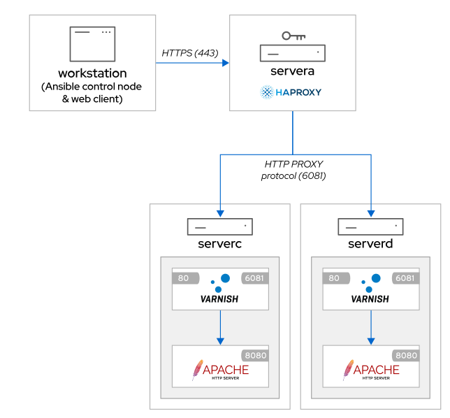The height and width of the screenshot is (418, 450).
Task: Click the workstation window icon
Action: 92,43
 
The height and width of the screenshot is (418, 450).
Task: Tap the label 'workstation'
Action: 92,73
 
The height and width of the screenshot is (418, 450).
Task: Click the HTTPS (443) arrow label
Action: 190,52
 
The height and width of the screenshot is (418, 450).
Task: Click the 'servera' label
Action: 292,71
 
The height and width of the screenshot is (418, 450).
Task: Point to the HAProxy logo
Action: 291,92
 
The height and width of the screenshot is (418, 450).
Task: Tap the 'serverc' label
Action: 219,244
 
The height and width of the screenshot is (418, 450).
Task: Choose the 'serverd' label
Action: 370,244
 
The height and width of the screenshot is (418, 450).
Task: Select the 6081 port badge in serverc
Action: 255,278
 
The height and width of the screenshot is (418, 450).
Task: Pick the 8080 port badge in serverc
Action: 255,355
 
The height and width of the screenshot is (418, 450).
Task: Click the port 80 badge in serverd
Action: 334,278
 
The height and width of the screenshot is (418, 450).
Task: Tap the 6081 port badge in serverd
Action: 405,278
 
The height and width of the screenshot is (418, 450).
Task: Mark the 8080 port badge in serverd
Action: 405,355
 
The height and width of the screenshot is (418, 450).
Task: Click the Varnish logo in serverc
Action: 219,290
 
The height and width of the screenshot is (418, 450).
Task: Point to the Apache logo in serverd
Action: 370,370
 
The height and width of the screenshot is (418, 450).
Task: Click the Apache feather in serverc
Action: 198,370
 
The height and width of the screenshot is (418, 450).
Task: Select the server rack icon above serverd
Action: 370,227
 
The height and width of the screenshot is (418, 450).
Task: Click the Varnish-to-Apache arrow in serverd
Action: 370,327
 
